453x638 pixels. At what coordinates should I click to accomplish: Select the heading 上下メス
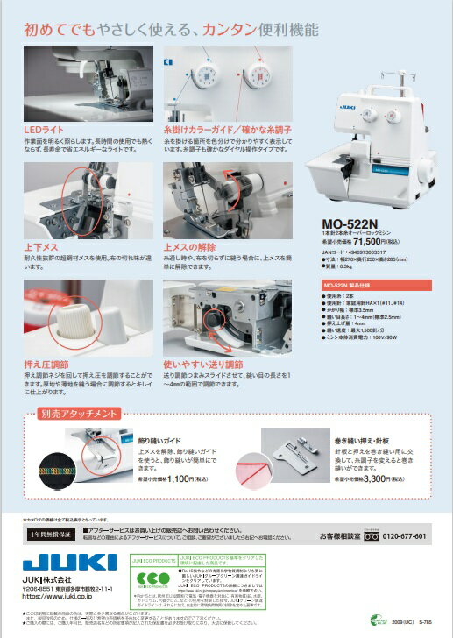pos(39,248)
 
